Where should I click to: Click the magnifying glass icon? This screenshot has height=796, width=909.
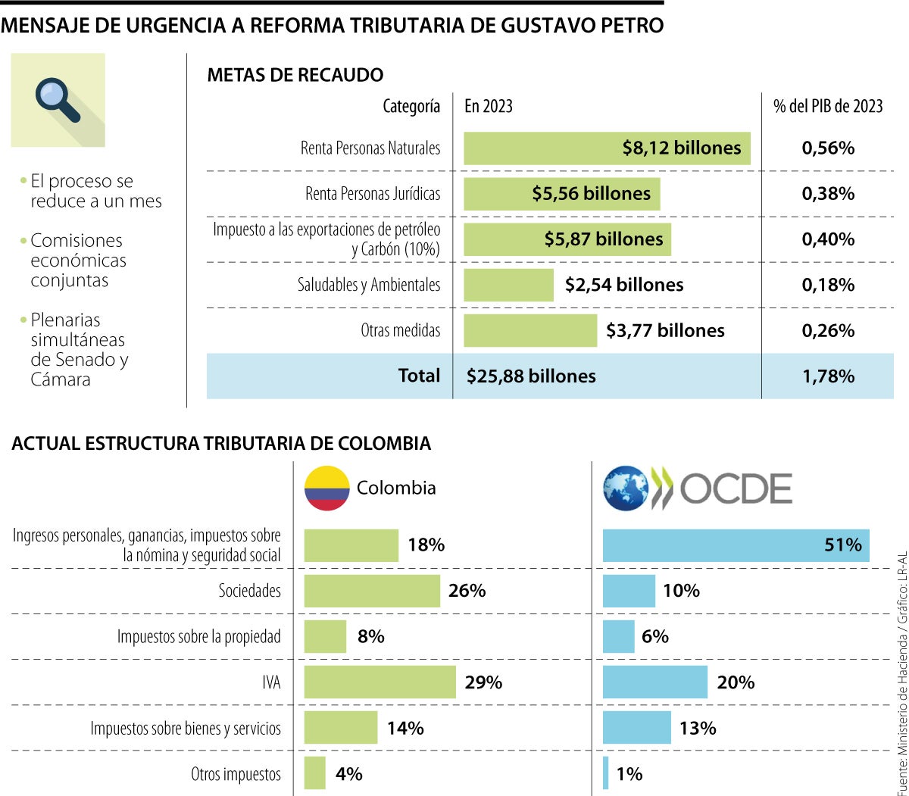click(x=58, y=99)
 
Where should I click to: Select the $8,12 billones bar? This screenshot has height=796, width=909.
click(x=606, y=148)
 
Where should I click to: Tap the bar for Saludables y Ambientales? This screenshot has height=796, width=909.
click(x=508, y=285)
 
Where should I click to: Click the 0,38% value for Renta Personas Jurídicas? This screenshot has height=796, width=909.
click(x=828, y=194)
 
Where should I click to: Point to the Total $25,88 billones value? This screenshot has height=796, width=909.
click(x=531, y=376)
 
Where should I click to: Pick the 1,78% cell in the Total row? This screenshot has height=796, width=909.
click(x=828, y=376)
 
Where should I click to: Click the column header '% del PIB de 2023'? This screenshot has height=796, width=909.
click(x=828, y=106)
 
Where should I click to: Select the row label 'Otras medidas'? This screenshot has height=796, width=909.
click(x=400, y=330)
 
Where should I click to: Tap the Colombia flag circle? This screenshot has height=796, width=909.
click(x=326, y=488)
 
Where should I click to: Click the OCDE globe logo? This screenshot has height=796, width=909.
click(x=626, y=488)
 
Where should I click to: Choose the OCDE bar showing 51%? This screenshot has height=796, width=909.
click(x=736, y=545)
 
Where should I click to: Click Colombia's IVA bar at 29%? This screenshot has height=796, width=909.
click(x=380, y=682)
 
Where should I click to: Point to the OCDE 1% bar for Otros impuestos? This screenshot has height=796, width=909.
click(x=606, y=773)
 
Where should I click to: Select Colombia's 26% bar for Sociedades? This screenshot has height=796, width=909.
click(x=372, y=591)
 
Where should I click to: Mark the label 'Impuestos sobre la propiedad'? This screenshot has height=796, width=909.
click(x=198, y=637)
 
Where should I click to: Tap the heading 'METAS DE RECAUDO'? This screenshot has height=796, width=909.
click(x=295, y=75)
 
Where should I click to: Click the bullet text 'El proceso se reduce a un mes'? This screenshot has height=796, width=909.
click(x=95, y=192)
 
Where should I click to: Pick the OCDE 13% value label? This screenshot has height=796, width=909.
click(x=698, y=728)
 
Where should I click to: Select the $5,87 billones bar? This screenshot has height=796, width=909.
click(x=567, y=239)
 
